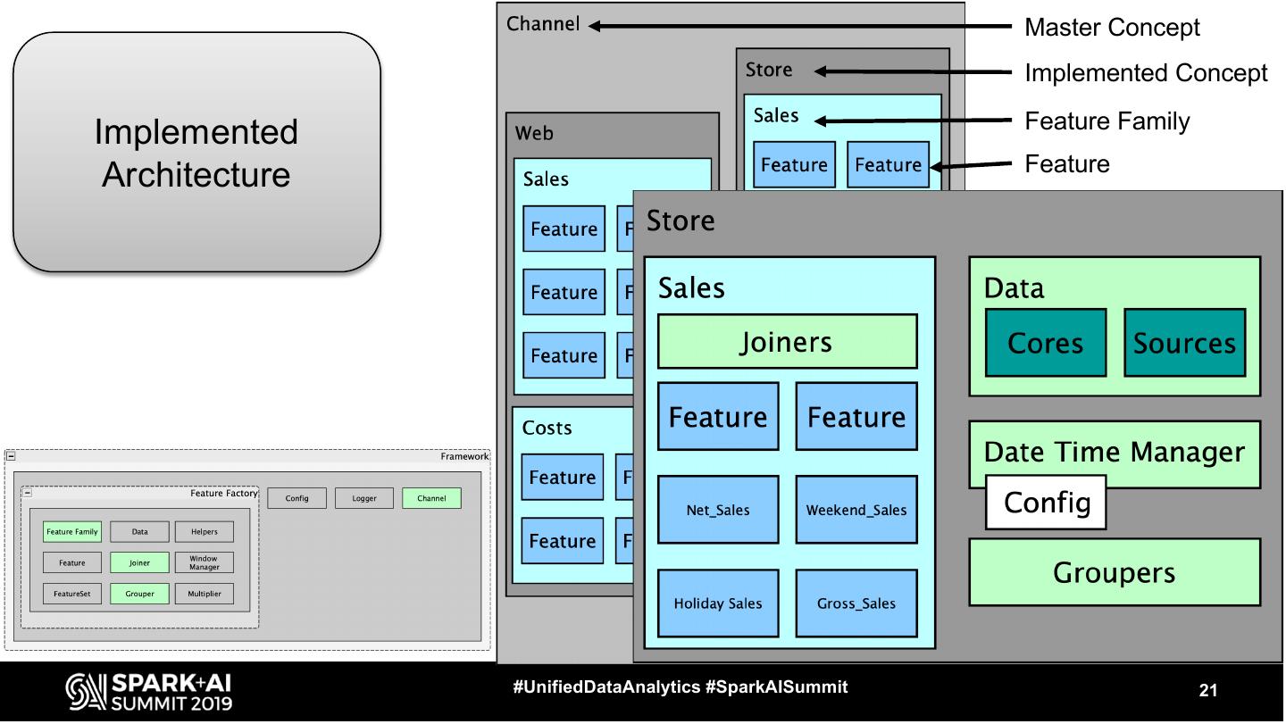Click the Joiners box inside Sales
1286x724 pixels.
pyautogui.click(x=787, y=341)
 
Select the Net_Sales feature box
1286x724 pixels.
pyautogui.click(x=718, y=510)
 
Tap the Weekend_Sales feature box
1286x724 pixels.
pyautogui.click(x=856, y=510)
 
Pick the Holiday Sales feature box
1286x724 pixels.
pyautogui.click(x=718, y=603)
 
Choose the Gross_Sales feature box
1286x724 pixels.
pyautogui.click(x=856, y=603)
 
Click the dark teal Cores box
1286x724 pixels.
pyautogui.click(x=1045, y=343)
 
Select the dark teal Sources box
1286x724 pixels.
pyautogui.click(x=1184, y=343)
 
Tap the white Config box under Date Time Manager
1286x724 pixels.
pyautogui.click(x=1046, y=502)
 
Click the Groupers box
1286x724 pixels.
pyautogui.click(x=1114, y=572)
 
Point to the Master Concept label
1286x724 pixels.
pyautogui.click(x=1112, y=27)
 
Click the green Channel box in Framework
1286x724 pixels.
pyautogui.click(x=431, y=498)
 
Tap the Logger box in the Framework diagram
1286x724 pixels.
pyautogui.click(x=364, y=498)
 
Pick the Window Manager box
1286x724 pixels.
pyautogui.click(x=204, y=562)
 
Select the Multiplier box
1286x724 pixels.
pyautogui.click(x=204, y=593)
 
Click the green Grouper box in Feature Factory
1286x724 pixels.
pyautogui.click(x=139, y=593)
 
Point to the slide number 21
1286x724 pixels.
pyautogui.click(x=1208, y=690)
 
